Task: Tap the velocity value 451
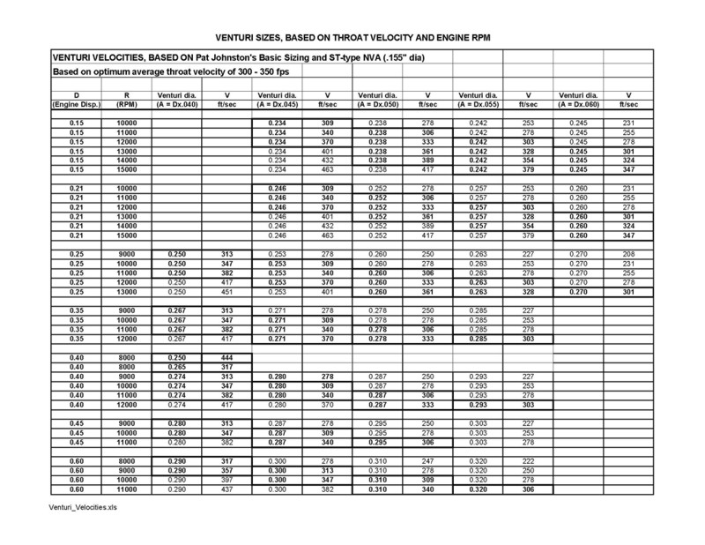[226, 292]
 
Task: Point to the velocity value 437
[226, 489]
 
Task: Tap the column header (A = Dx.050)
[377, 103]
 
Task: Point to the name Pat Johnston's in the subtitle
[231, 57]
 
